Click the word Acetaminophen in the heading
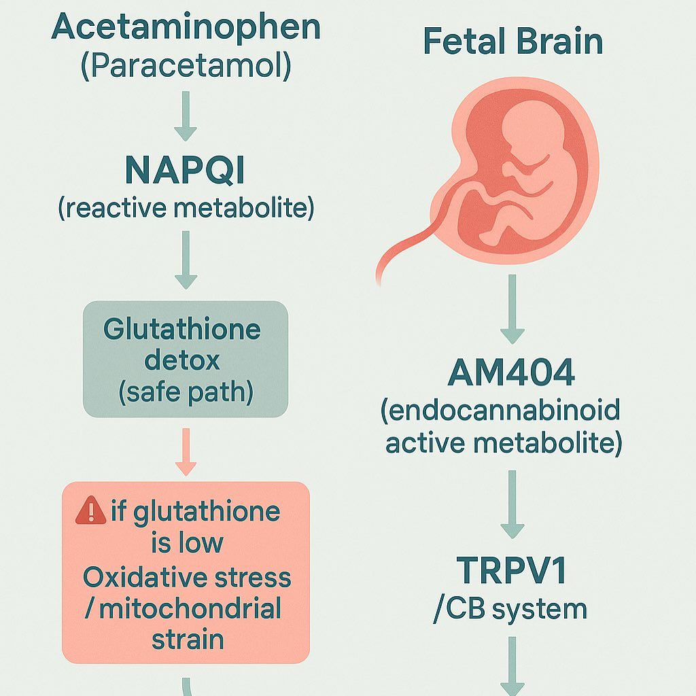pyautogui.click(x=186, y=27)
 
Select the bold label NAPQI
pyautogui.click(x=185, y=170)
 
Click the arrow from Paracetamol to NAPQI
pyautogui.click(x=186, y=116)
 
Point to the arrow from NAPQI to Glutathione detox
pyautogui.click(x=186, y=260)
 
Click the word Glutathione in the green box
pyautogui.click(x=182, y=330)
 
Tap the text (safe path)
pyautogui.click(x=186, y=392)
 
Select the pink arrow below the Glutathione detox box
pyautogui.click(x=186, y=452)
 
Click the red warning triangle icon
pyautogui.click(x=91, y=510)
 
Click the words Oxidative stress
pyautogui.click(x=187, y=577)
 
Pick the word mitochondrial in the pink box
pyautogui.click(x=190, y=608)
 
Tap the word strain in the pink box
pyautogui.click(x=188, y=639)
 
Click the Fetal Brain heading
pyautogui.click(x=513, y=41)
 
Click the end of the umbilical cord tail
pyautogui.click(x=379, y=282)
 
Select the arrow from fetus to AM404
pyautogui.click(x=512, y=309)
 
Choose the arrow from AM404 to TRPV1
pyautogui.click(x=512, y=504)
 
